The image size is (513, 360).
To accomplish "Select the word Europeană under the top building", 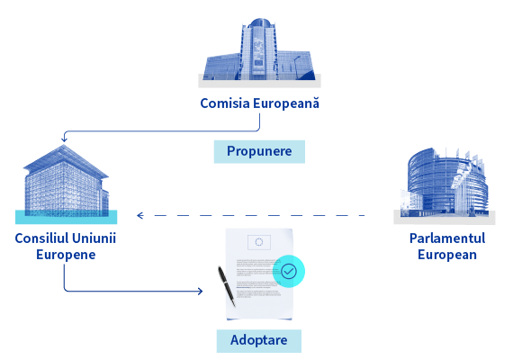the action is (x=286, y=103).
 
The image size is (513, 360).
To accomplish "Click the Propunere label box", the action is (x=259, y=151).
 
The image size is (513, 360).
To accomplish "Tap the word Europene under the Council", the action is (x=66, y=255).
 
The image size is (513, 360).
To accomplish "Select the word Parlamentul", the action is (x=447, y=238).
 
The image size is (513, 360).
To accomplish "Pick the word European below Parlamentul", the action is (x=447, y=255).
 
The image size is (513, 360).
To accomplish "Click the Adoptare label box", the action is (x=259, y=341).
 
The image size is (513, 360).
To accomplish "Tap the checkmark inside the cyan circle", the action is (x=289, y=271).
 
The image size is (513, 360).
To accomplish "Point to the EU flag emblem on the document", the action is (x=259, y=242).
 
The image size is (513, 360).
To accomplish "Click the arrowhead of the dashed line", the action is (x=140, y=215).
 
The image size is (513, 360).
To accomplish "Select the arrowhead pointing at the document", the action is (x=200, y=291).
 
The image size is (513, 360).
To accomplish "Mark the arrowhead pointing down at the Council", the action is (x=64, y=139).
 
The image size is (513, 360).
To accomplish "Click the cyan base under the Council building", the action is (x=66, y=217).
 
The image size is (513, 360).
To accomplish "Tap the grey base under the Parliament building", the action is (x=445, y=218).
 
